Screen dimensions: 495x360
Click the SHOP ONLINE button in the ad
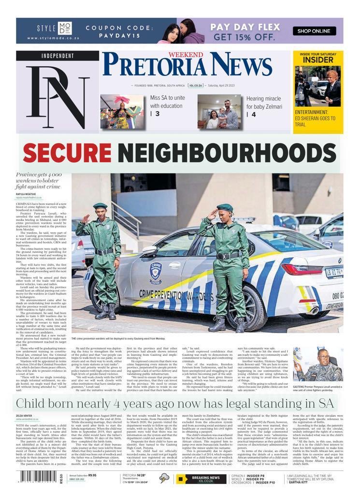click(x=314, y=31)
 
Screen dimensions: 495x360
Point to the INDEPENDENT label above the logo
click(x=58, y=56)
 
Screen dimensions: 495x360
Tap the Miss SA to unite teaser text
click(x=167, y=102)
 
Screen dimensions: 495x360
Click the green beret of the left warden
click(x=100, y=206)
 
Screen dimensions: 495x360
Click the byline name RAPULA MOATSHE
click(x=26, y=194)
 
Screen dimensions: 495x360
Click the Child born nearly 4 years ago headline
click(x=176, y=403)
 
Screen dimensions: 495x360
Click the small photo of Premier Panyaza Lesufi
click(x=317, y=364)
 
